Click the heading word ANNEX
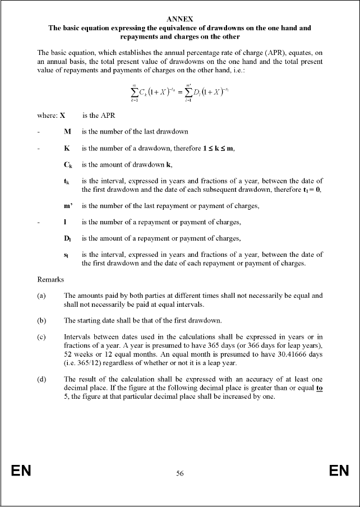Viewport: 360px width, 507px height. (180, 19)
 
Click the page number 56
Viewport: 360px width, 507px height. (180, 473)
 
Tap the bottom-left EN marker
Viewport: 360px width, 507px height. (21, 471)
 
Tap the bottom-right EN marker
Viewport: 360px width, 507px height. (339, 471)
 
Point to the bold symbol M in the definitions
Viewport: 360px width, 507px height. (67, 132)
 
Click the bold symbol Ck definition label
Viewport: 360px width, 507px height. (67, 165)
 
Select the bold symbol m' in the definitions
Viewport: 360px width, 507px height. (68, 206)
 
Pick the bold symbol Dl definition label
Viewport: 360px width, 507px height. (67, 239)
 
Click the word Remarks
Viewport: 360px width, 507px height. (50, 279)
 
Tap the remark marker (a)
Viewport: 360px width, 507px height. (41, 295)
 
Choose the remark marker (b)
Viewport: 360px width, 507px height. (41, 321)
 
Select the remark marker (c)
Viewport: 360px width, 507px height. (41, 338)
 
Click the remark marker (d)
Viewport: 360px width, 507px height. (41, 380)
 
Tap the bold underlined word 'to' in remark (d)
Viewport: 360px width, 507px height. (319, 388)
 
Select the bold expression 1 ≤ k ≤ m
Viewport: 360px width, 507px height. (218, 149)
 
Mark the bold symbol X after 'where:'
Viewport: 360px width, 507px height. (63, 116)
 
